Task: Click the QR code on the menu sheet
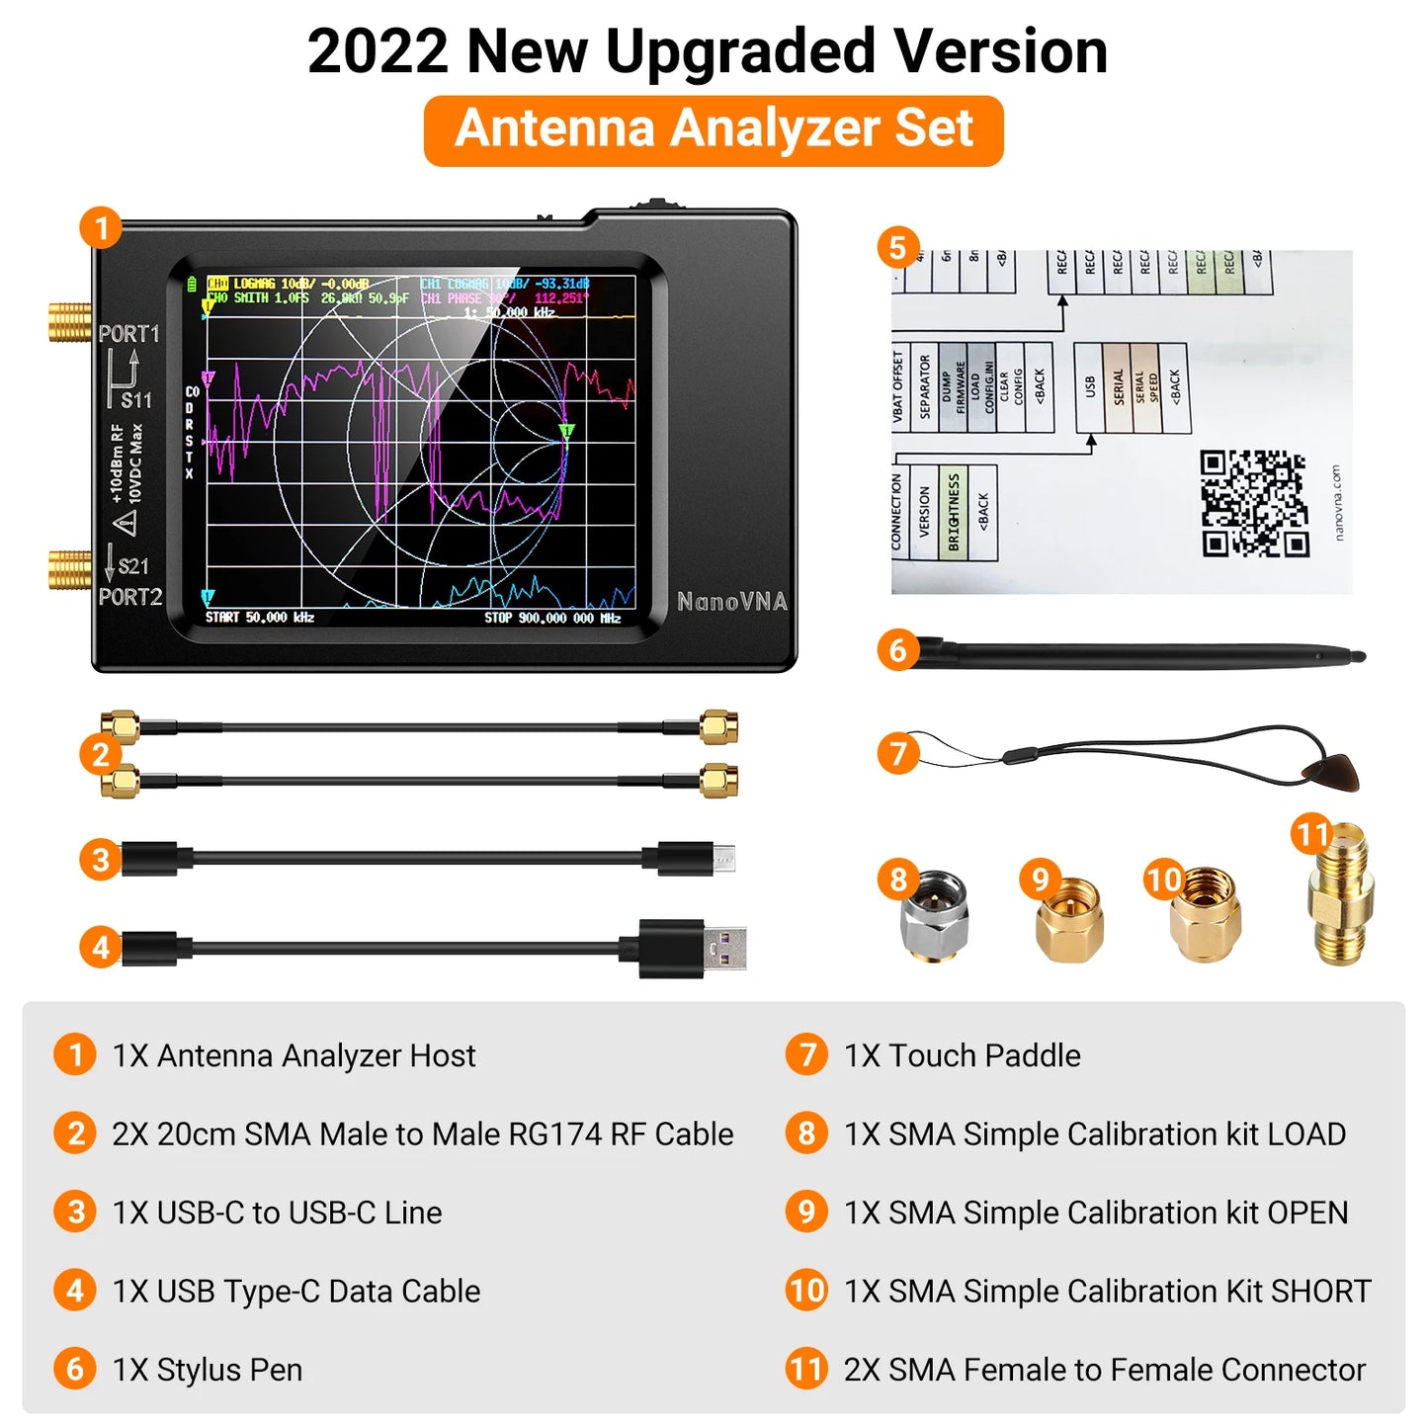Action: tap(1254, 503)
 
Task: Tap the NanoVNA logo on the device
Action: tap(731, 602)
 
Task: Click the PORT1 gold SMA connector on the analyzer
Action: tap(69, 322)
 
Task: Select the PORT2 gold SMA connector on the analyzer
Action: tap(69, 569)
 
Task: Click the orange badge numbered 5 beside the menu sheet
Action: tap(897, 247)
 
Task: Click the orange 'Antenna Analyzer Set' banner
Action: tap(714, 130)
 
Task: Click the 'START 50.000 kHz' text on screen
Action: tap(260, 618)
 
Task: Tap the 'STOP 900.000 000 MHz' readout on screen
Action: tap(552, 618)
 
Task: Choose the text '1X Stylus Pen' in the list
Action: tap(208, 1370)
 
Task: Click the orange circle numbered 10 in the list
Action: tap(806, 1291)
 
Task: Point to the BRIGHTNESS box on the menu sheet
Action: tap(954, 512)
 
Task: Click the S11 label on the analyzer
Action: tap(136, 400)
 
